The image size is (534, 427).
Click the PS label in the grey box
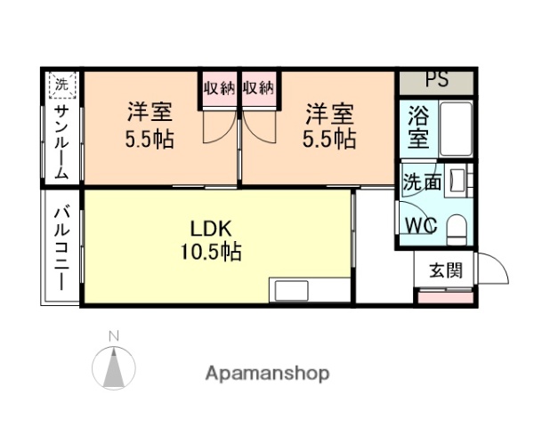point(436,79)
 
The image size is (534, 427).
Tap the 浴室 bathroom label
point(417,127)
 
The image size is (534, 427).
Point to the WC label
point(421,226)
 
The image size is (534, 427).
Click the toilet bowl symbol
point(457,228)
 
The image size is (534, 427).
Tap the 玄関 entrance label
point(446,270)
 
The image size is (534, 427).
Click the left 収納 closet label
point(218,88)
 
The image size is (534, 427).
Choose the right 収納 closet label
point(257,88)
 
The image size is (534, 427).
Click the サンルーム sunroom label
point(61,142)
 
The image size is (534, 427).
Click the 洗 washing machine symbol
point(61,85)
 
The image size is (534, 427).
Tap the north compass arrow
point(114,365)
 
